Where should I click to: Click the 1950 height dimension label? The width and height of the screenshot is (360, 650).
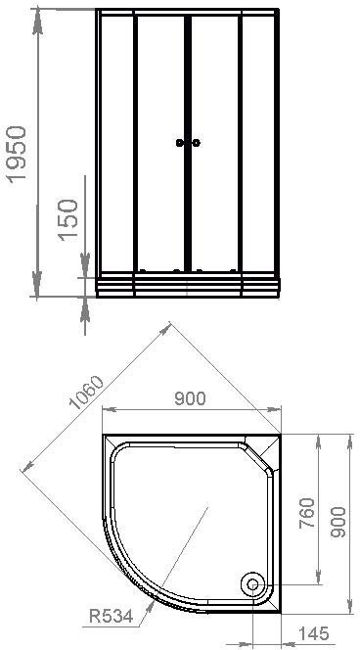click(18, 153)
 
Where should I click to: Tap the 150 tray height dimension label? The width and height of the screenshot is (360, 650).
click(68, 220)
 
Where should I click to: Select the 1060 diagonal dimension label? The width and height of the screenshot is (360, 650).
click(87, 393)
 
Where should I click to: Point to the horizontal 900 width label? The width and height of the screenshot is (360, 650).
click(190, 398)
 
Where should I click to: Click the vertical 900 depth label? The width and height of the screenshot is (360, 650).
click(338, 522)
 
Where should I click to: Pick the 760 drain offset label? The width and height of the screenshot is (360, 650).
click(307, 513)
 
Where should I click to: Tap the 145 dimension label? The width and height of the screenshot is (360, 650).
click(314, 633)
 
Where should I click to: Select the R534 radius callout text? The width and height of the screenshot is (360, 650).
click(111, 617)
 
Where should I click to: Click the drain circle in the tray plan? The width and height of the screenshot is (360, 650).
click(252, 584)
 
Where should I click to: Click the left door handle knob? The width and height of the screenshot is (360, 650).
click(180, 143)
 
